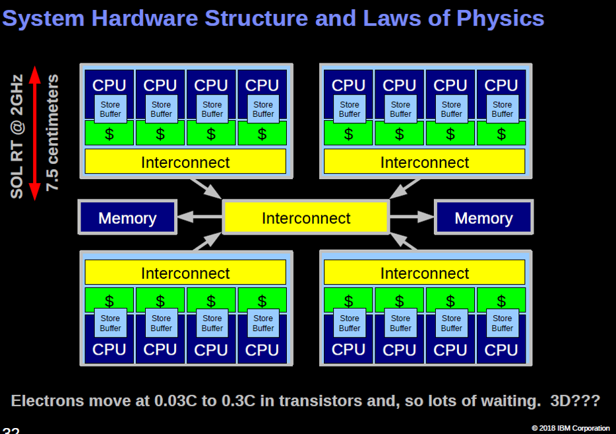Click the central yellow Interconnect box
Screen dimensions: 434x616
[306, 218]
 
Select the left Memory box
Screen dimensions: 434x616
[127, 218]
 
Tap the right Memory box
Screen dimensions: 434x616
[483, 218]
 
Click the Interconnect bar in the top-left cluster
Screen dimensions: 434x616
[185, 162]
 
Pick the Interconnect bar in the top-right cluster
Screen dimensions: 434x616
[424, 162]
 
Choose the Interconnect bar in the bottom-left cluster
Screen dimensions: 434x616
[185, 273]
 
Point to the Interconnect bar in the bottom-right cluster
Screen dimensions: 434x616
[424, 273]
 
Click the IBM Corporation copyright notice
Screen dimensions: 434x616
[570, 428]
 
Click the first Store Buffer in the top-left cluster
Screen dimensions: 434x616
[110, 109]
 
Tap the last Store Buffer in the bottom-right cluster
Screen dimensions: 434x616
[502, 324]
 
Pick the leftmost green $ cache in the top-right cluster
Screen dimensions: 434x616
[348, 134]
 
